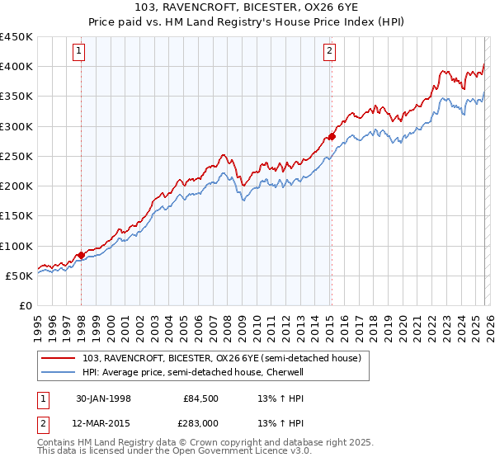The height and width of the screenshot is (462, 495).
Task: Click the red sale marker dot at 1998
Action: pyautogui.click(x=81, y=255)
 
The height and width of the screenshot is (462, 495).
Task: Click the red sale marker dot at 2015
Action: pyautogui.click(x=331, y=137)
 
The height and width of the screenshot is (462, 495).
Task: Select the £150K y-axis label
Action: pyautogui.click(x=16, y=216)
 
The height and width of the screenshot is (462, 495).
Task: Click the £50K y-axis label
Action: pyautogui.click(x=20, y=276)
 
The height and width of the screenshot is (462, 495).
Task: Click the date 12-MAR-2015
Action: pyautogui.click(x=104, y=424)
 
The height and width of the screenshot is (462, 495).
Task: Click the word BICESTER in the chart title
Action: pyautogui.click(x=230, y=7)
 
